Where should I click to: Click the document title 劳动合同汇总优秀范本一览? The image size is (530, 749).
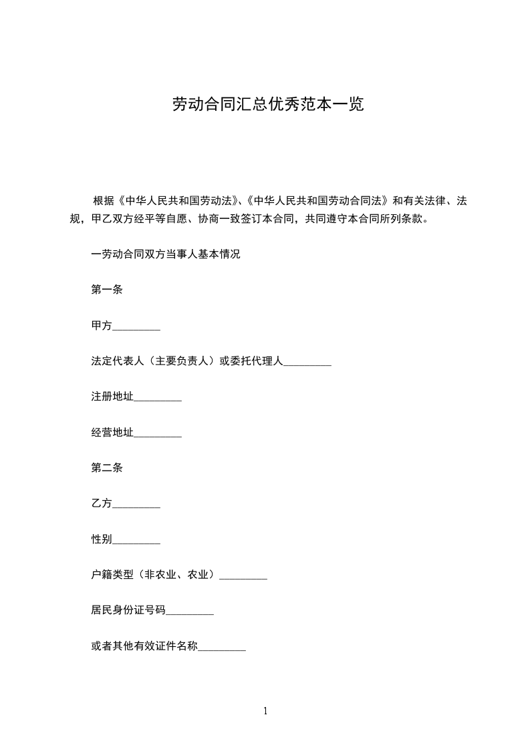click(x=268, y=105)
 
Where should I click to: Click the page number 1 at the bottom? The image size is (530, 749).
click(x=265, y=711)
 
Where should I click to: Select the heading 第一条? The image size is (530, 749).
click(x=107, y=290)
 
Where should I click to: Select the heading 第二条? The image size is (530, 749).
click(x=107, y=468)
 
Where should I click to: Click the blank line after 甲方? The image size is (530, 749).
click(x=136, y=327)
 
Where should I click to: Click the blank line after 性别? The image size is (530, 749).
click(x=136, y=541)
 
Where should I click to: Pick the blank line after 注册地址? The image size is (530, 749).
click(x=158, y=399)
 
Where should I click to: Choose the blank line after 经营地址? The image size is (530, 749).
click(x=158, y=434)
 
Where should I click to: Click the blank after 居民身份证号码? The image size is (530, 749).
click(x=190, y=611)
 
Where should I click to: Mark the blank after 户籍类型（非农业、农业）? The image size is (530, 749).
click(x=243, y=576)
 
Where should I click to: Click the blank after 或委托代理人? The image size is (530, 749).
click(x=307, y=362)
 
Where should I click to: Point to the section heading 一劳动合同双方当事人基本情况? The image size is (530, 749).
click(x=166, y=254)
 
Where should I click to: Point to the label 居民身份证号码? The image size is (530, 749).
click(x=128, y=610)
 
